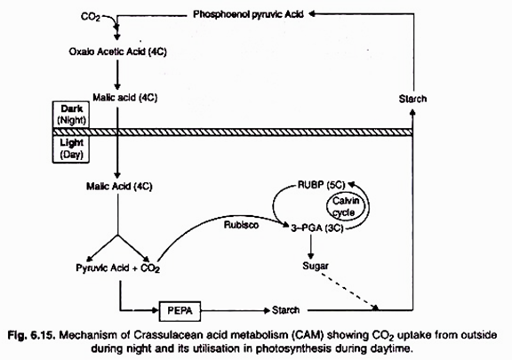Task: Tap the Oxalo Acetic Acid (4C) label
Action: tap(117, 51)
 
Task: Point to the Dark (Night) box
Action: tap(68, 113)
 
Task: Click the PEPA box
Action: tap(182, 310)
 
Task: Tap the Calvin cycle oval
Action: tap(344, 210)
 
